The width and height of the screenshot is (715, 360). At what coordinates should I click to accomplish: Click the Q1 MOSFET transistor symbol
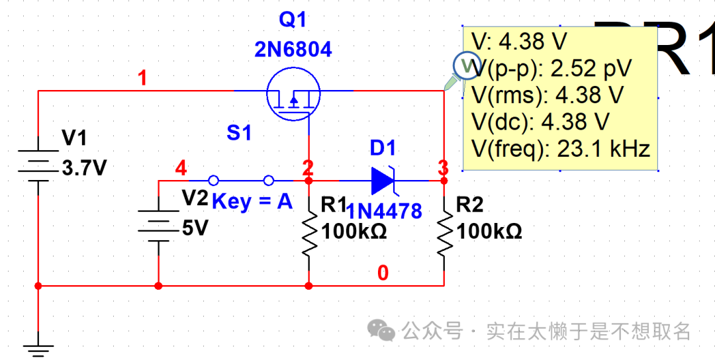coord(293,95)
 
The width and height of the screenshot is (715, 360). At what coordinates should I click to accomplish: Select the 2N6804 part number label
coord(293,50)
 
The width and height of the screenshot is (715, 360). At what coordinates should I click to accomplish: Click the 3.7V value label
coord(83,168)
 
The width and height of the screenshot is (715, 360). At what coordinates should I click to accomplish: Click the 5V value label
coord(195,228)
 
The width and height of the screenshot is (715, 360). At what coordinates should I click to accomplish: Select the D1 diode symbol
coord(385,179)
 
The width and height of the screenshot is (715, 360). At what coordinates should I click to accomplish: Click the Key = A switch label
coord(252,201)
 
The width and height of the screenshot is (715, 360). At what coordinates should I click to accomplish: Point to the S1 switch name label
coord(239,133)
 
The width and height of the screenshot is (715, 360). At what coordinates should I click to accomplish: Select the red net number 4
coord(180,169)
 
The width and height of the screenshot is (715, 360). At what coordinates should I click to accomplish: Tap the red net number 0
coord(383,273)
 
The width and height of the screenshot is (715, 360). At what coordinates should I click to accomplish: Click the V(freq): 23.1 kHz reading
coord(561,148)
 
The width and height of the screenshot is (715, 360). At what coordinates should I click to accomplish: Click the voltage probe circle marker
coord(465,65)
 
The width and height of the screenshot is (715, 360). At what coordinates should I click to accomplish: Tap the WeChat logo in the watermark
coord(382,330)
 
